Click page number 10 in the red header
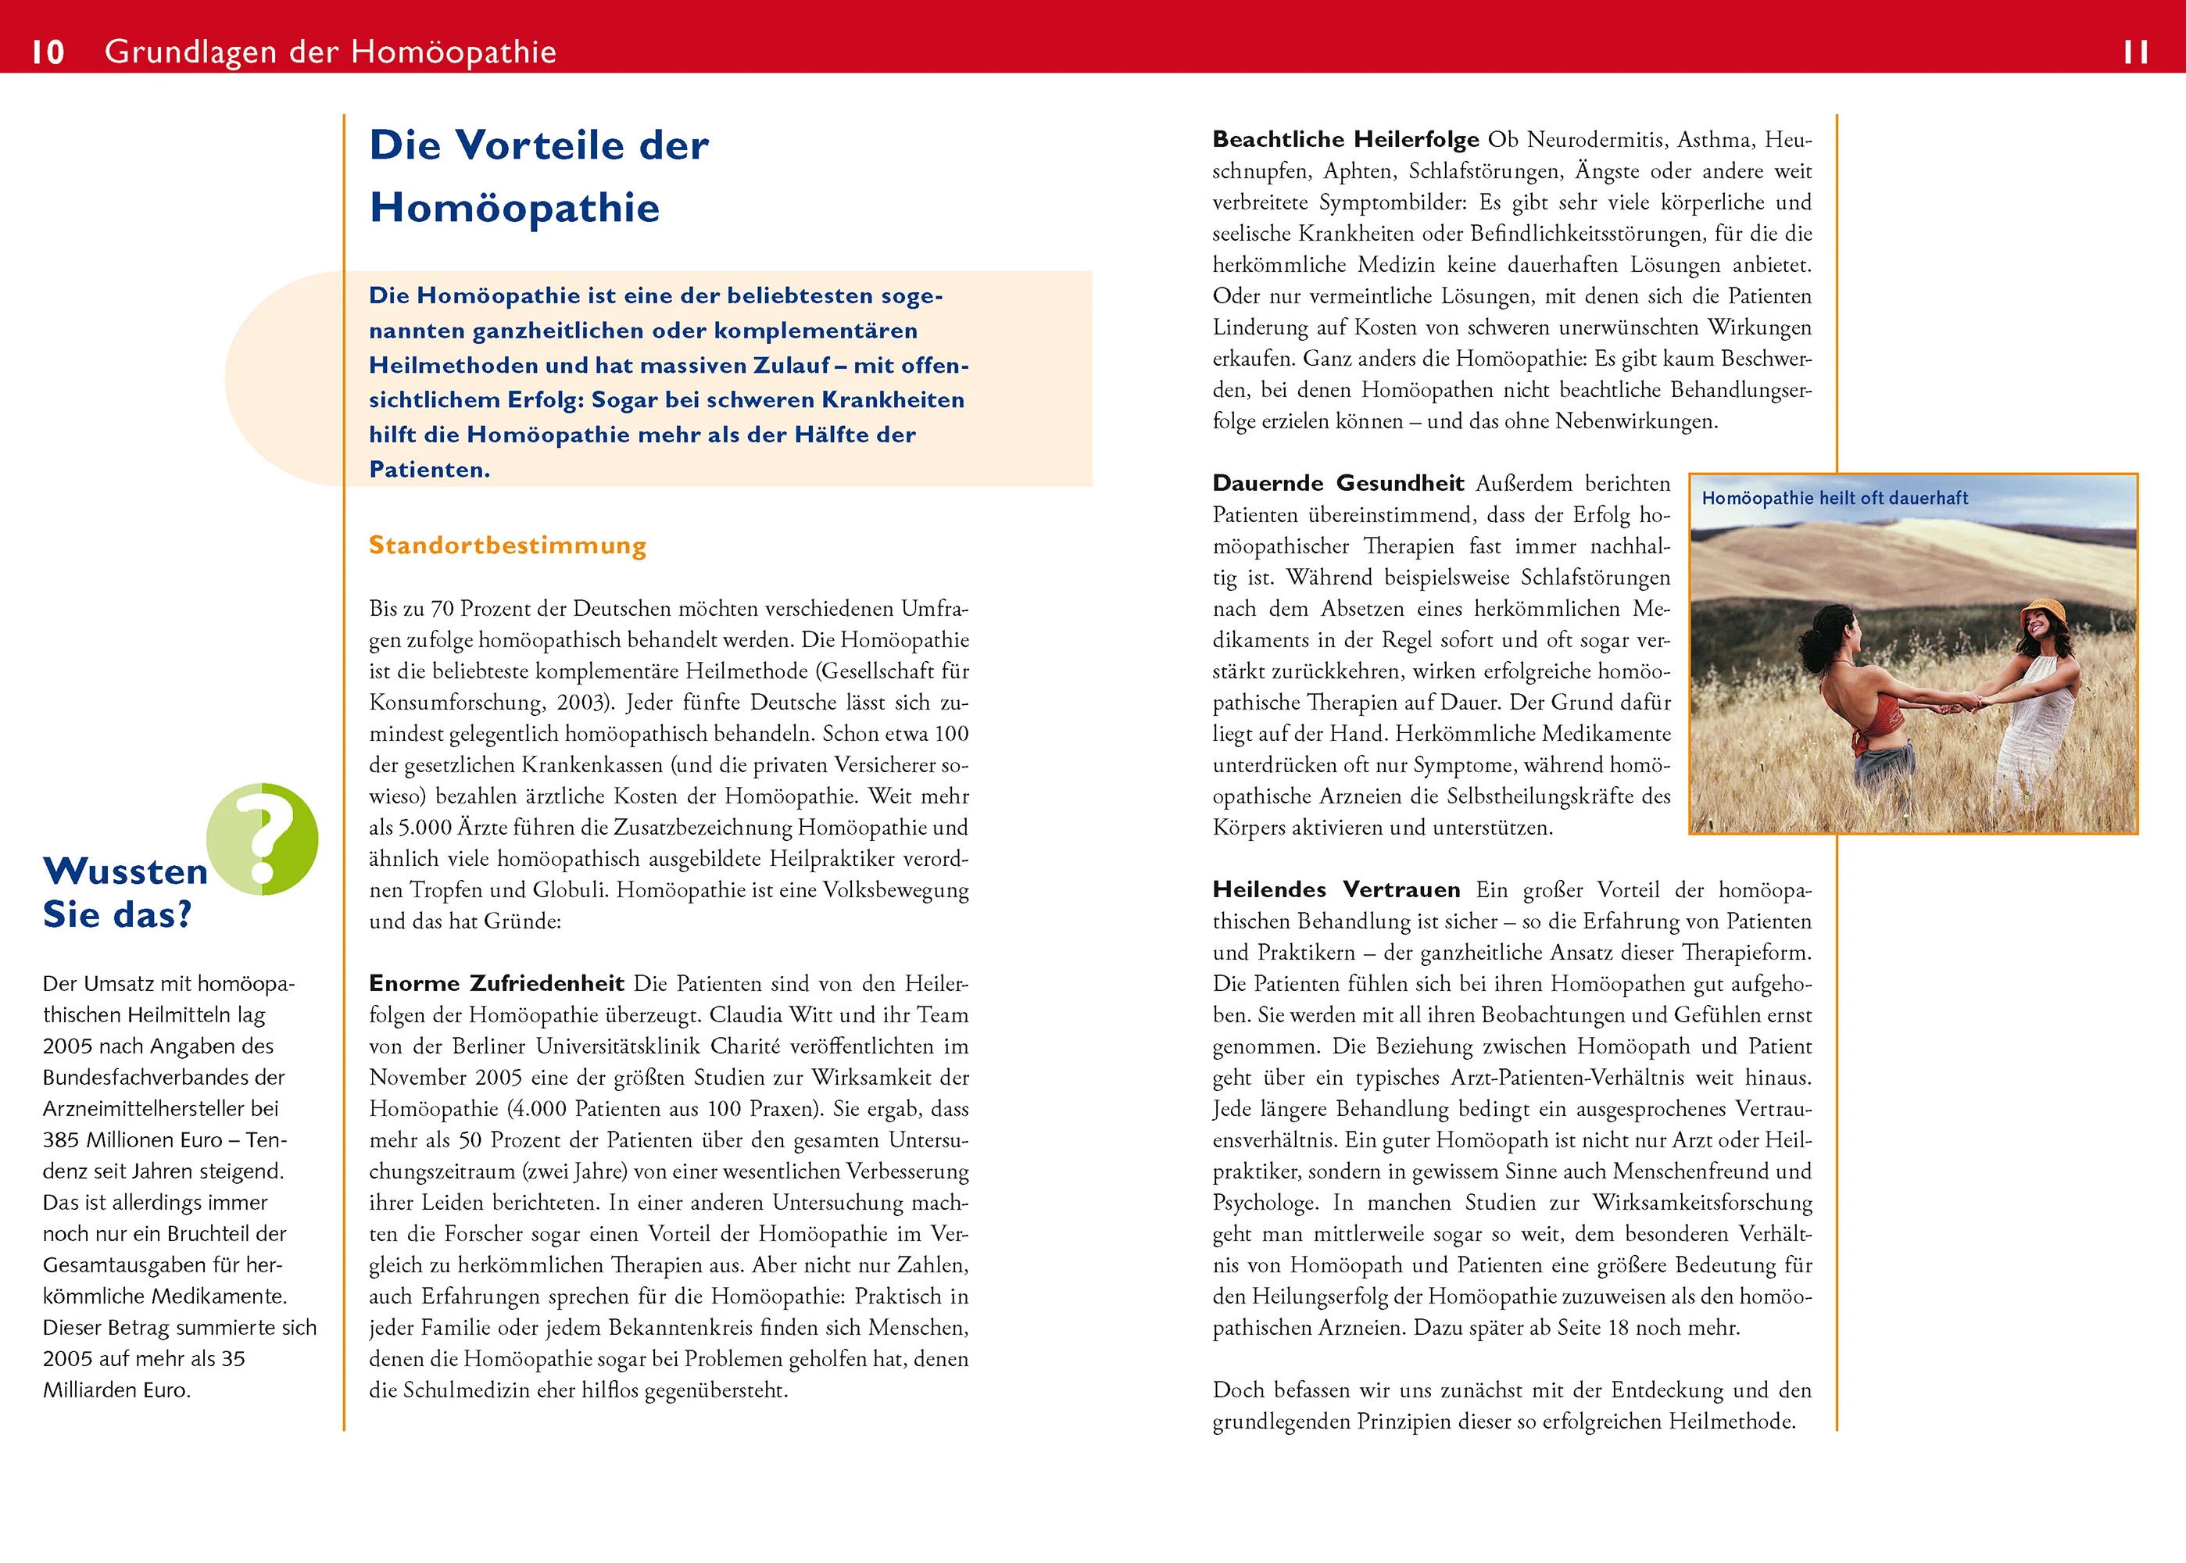pyautogui.click(x=48, y=52)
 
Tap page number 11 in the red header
pyautogui.click(x=2135, y=52)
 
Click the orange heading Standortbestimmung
pyautogui.click(x=507, y=545)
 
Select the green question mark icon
pyautogui.click(x=263, y=839)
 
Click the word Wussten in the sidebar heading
pyautogui.click(x=125, y=871)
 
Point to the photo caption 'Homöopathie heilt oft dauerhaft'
pyautogui.click(x=1834, y=499)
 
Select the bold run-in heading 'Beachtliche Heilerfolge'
pyautogui.click(x=1345, y=140)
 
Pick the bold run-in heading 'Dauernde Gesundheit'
pyautogui.click(x=1337, y=483)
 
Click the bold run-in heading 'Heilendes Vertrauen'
pyautogui.click(x=1335, y=889)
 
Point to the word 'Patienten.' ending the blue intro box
pyautogui.click(x=429, y=470)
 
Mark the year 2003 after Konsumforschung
pyautogui.click(x=581, y=703)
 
